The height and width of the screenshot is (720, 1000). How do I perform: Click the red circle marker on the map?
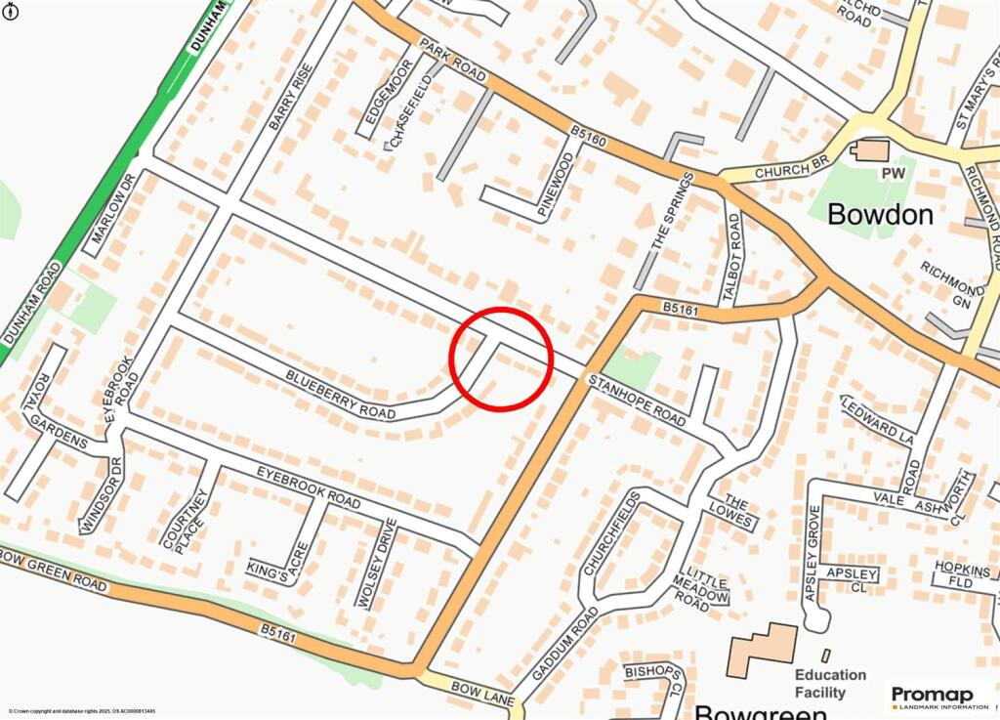point(502,358)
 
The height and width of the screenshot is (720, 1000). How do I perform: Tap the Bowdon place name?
point(880,215)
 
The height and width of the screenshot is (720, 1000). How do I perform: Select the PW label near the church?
point(894,173)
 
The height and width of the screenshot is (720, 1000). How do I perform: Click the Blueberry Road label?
point(341,395)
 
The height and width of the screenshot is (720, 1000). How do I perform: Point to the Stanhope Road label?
point(636,401)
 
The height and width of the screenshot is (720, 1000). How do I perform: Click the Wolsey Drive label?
point(377,564)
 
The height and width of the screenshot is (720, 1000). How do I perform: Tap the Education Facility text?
point(830,683)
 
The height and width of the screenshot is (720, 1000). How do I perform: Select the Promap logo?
point(938,697)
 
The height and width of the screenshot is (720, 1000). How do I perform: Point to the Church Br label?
point(784,171)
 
